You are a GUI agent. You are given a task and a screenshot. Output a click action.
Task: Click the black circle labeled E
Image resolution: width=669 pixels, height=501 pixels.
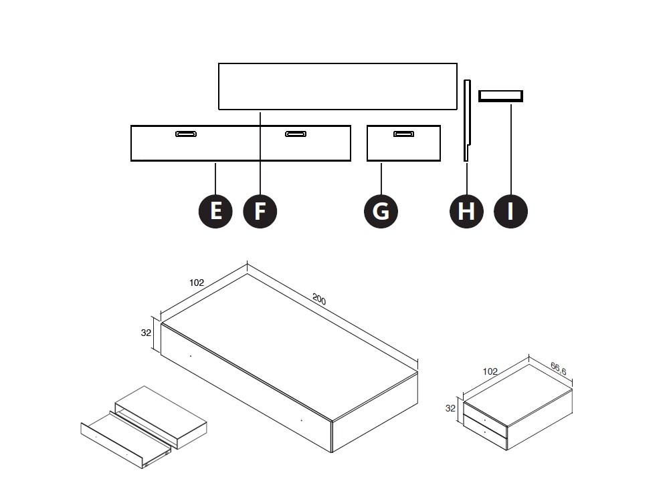click(215, 211)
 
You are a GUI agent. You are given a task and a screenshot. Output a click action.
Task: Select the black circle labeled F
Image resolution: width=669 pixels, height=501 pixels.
click(260, 211)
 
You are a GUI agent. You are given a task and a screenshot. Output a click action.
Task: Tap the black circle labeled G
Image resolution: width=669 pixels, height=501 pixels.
click(381, 211)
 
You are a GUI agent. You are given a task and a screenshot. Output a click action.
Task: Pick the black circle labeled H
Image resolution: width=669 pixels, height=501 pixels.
click(466, 211)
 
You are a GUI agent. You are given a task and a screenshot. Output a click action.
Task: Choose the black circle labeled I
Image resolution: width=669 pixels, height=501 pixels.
click(510, 211)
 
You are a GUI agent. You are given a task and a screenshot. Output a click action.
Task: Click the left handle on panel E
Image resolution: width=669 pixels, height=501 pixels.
click(186, 134)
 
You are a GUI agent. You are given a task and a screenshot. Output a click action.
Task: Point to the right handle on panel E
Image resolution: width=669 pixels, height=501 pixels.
click(296, 134)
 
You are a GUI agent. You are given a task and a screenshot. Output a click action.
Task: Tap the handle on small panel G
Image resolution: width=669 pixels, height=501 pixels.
click(403, 134)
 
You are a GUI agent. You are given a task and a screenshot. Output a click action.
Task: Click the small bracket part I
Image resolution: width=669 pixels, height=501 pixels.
click(500, 96)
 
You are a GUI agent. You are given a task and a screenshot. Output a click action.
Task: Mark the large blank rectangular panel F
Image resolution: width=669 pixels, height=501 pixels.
click(338, 86)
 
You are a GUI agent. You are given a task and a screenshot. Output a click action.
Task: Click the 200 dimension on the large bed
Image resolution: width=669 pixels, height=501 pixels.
click(319, 300)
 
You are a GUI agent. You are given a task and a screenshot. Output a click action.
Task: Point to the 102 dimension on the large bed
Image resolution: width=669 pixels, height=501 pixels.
click(196, 283)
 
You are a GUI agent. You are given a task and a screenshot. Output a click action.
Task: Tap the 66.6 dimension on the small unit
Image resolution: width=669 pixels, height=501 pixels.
click(559, 367)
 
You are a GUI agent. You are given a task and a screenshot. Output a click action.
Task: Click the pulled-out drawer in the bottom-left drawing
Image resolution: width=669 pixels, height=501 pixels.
click(124, 442)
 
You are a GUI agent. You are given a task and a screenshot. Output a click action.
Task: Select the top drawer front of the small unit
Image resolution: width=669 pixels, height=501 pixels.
click(486, 414)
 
